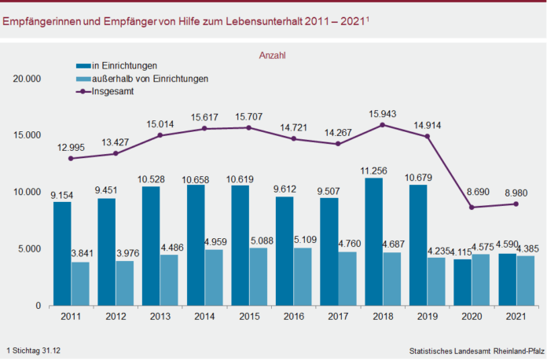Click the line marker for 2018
coord(383,124)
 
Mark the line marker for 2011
coord(72,158)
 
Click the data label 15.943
coord(383,110)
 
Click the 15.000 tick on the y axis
coord(26,135)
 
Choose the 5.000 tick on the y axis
coord(29,249)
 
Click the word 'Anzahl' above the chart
coord(272,55)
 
